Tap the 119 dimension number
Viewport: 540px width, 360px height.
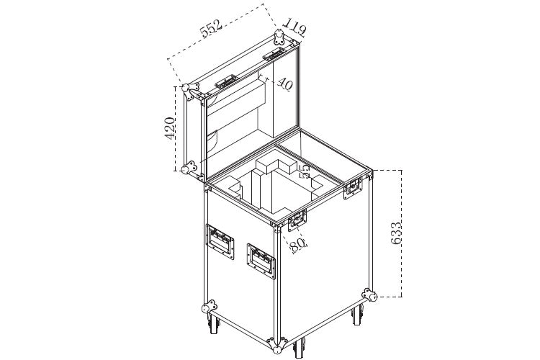tap(294, 27)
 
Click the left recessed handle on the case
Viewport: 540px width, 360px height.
tap(220, 239)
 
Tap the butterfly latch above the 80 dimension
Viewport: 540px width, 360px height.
tap(297, 220)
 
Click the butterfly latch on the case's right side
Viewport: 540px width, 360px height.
tap(353, 189)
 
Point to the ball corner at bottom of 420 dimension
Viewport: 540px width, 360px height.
tap(188, 170)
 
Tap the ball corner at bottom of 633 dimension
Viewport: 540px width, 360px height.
tap(370, 295)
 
